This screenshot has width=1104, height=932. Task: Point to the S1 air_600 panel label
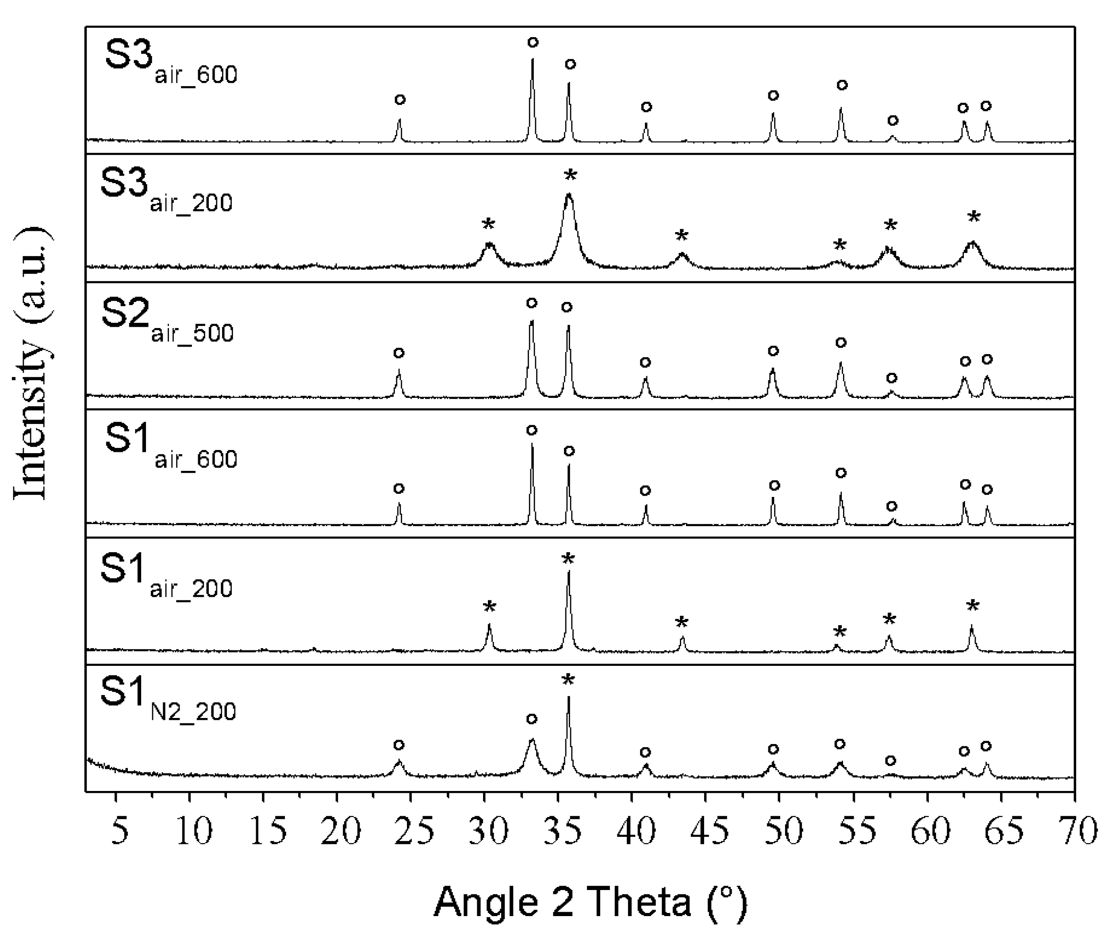pyautogui.click(x=171, y=447)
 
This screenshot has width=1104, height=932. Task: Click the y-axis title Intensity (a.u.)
pyautogui.click(x=33, y=365)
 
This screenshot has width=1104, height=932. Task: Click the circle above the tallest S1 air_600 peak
pyautogui.click(x=532, y=430)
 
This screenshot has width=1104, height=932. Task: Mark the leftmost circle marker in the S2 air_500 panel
pyautogui.click(x=399, y=352)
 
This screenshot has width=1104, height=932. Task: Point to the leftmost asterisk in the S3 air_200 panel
pyautogui.click(x=488, y=225)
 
